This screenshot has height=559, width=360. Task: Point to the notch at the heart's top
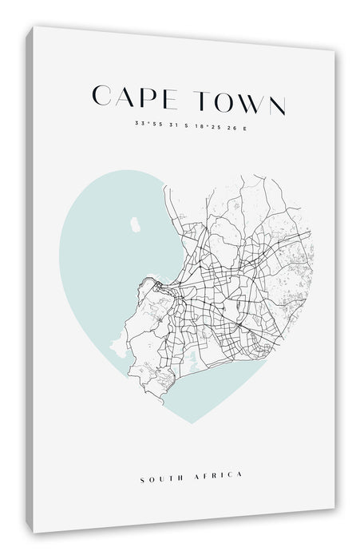189,202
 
